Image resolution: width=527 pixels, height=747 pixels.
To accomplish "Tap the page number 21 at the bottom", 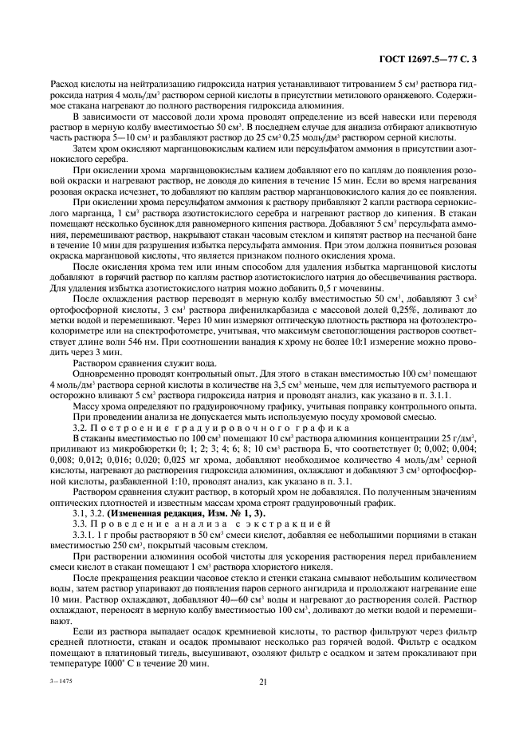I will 262,682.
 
